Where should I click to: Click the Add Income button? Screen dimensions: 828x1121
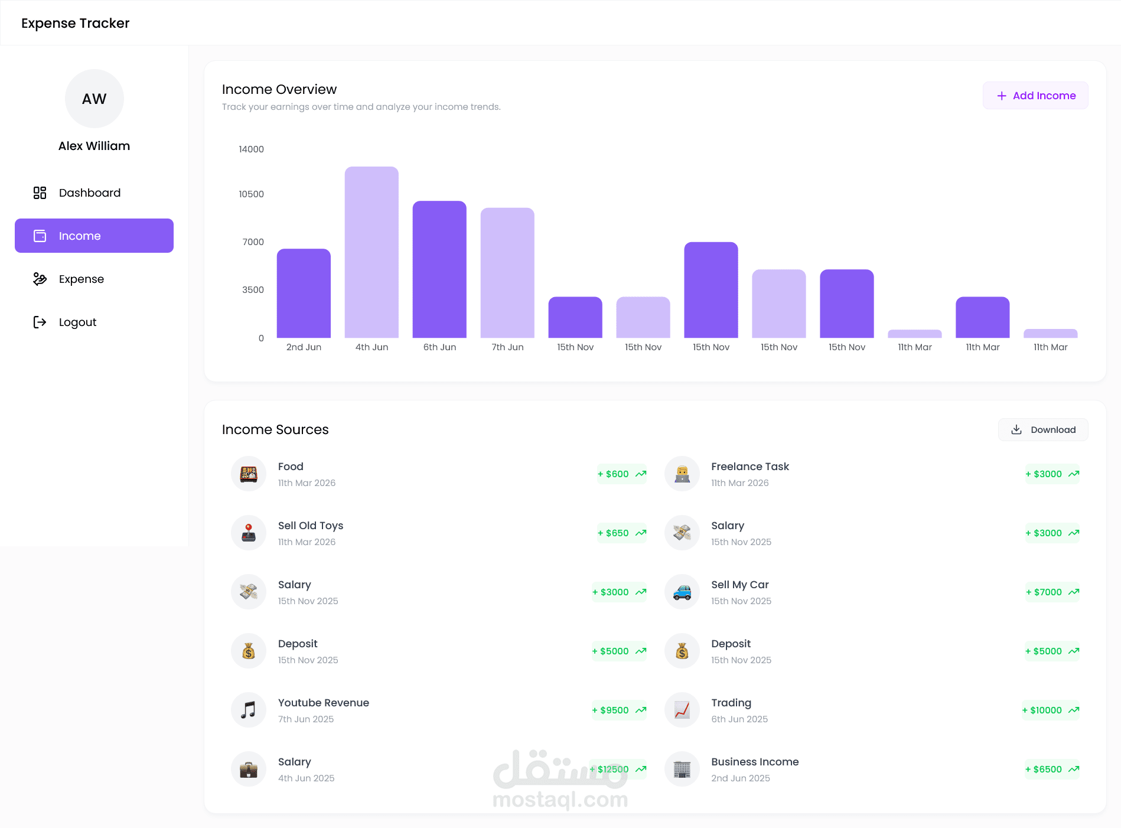click(x=1035, y=96)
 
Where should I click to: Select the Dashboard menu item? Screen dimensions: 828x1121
click(x=90, y=193)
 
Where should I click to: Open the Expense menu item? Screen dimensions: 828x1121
click(x=82, y=279)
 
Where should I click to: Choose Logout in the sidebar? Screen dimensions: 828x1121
click(x=77, y=322)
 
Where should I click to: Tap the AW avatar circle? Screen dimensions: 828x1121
click(x=94, y=99)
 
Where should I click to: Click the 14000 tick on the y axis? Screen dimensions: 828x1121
click(x=251, y=149)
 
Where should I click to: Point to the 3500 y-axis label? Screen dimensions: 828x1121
click(x=253, y=290)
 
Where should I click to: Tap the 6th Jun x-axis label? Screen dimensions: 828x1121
click(x=439, y=347)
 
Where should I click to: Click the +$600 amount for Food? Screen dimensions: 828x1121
click(x=621, y=474)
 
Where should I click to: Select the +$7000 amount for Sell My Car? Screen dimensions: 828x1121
click(x=1052, y=592)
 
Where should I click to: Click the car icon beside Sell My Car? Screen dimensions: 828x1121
click(x=682, y=592)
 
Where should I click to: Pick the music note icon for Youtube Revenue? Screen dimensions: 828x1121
click(x=249, y=710)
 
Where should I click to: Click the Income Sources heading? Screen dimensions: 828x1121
click(x=275, y=430)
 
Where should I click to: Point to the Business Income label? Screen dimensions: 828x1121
click(x=755, y=762)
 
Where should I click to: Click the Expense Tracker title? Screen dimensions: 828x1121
click(x=76, y=23)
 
